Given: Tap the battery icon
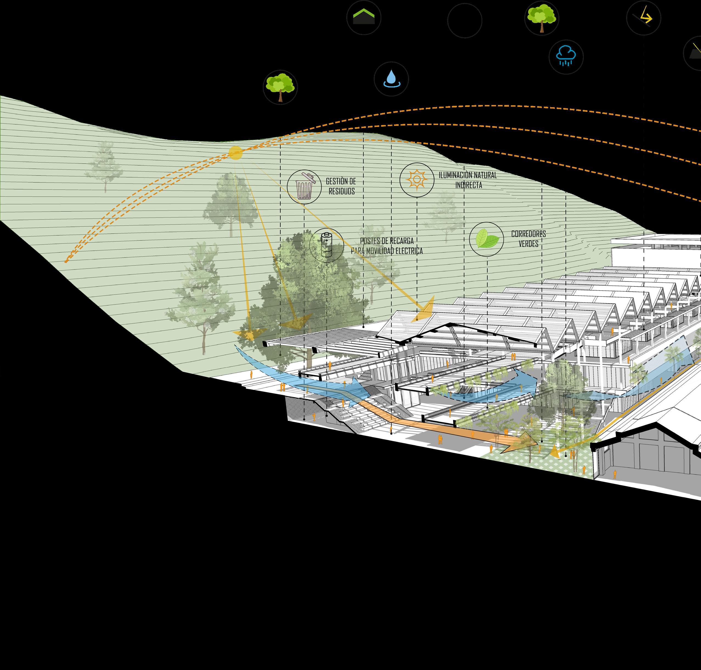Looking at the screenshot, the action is (326, 245).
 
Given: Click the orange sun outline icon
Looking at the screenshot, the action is (417, 180).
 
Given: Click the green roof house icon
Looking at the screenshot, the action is (364, 17).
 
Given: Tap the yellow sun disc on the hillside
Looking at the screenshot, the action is (235, 153).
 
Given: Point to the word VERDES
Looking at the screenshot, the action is (528, 244).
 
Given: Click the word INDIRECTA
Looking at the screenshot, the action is (469, 185).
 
